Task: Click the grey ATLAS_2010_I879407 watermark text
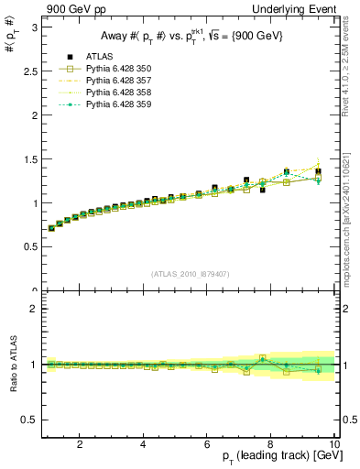click(x=189, y=274)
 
